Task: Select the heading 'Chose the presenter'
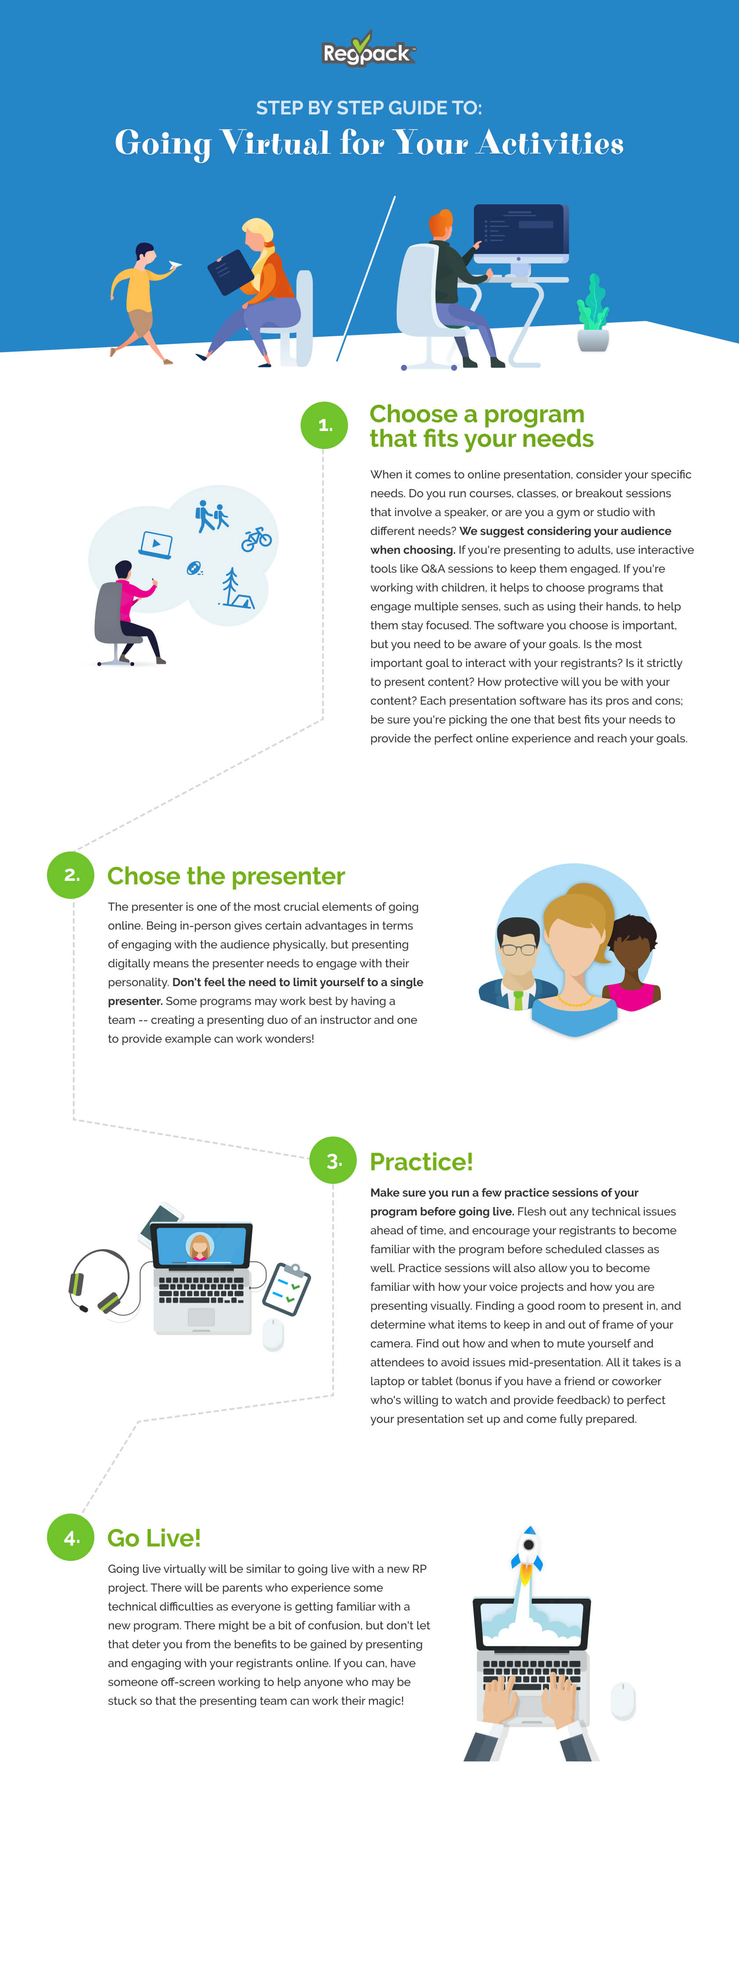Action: click(x=226, y=876)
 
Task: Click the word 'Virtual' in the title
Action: click(x=275, y=143)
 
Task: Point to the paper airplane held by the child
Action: click(x=175, y=265)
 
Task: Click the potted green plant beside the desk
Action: click(x=593, y=313)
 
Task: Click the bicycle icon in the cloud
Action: click(x=256, y=539)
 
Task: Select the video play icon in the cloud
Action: click(x=156, y=544)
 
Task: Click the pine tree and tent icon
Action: click(x=235, y=589)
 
